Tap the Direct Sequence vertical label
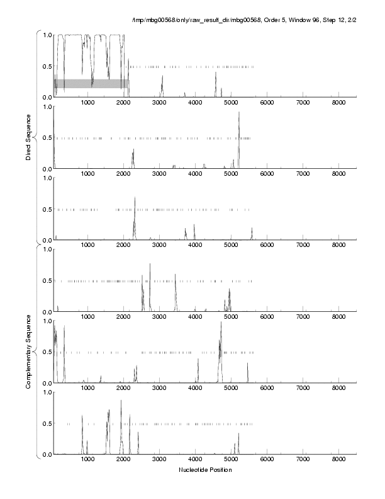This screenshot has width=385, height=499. pyautogui.click(x=29, y=137)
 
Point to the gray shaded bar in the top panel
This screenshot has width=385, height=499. pyautogui.click(x=91, y=83)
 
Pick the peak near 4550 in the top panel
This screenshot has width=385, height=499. pyautogui.click(x=215, y=73)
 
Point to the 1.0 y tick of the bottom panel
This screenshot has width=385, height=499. pyautogui.click(x=45, y=393)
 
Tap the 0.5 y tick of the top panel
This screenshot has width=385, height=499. pyautogui.click(x=45, y=66)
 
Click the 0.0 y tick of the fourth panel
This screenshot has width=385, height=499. pyautogui.click(x=45, y=312)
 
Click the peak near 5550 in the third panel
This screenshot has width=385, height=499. pyautogui.click(x=252, y=229)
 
